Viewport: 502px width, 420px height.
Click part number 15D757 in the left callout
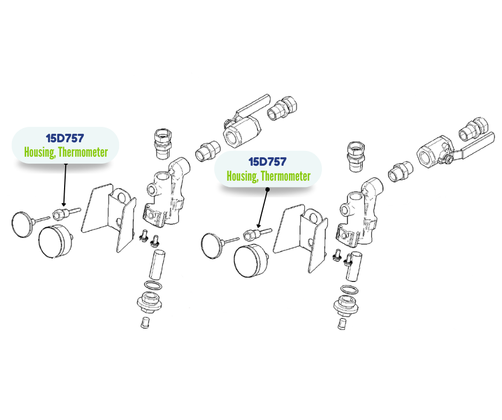[x=65, y=138]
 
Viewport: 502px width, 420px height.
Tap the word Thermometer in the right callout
[x=286, y=176]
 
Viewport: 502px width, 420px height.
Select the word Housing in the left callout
[x=40, y=152]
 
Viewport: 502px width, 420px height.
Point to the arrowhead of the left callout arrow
[x=64, y=204]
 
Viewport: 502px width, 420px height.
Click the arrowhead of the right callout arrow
[x=258, y=225]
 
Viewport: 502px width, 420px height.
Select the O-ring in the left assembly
[x=153, y=285]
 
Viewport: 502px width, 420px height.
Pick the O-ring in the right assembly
[x=349, y=289]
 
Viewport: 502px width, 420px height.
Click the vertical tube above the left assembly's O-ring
[x=157, y=265]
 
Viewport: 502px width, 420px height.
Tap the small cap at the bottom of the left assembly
[x=145, y=322]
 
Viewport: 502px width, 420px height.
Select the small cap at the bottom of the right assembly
[x=342, y=324]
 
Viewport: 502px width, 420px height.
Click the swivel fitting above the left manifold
[x=163, y=144]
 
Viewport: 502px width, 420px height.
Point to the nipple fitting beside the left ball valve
[x=208, y=151]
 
